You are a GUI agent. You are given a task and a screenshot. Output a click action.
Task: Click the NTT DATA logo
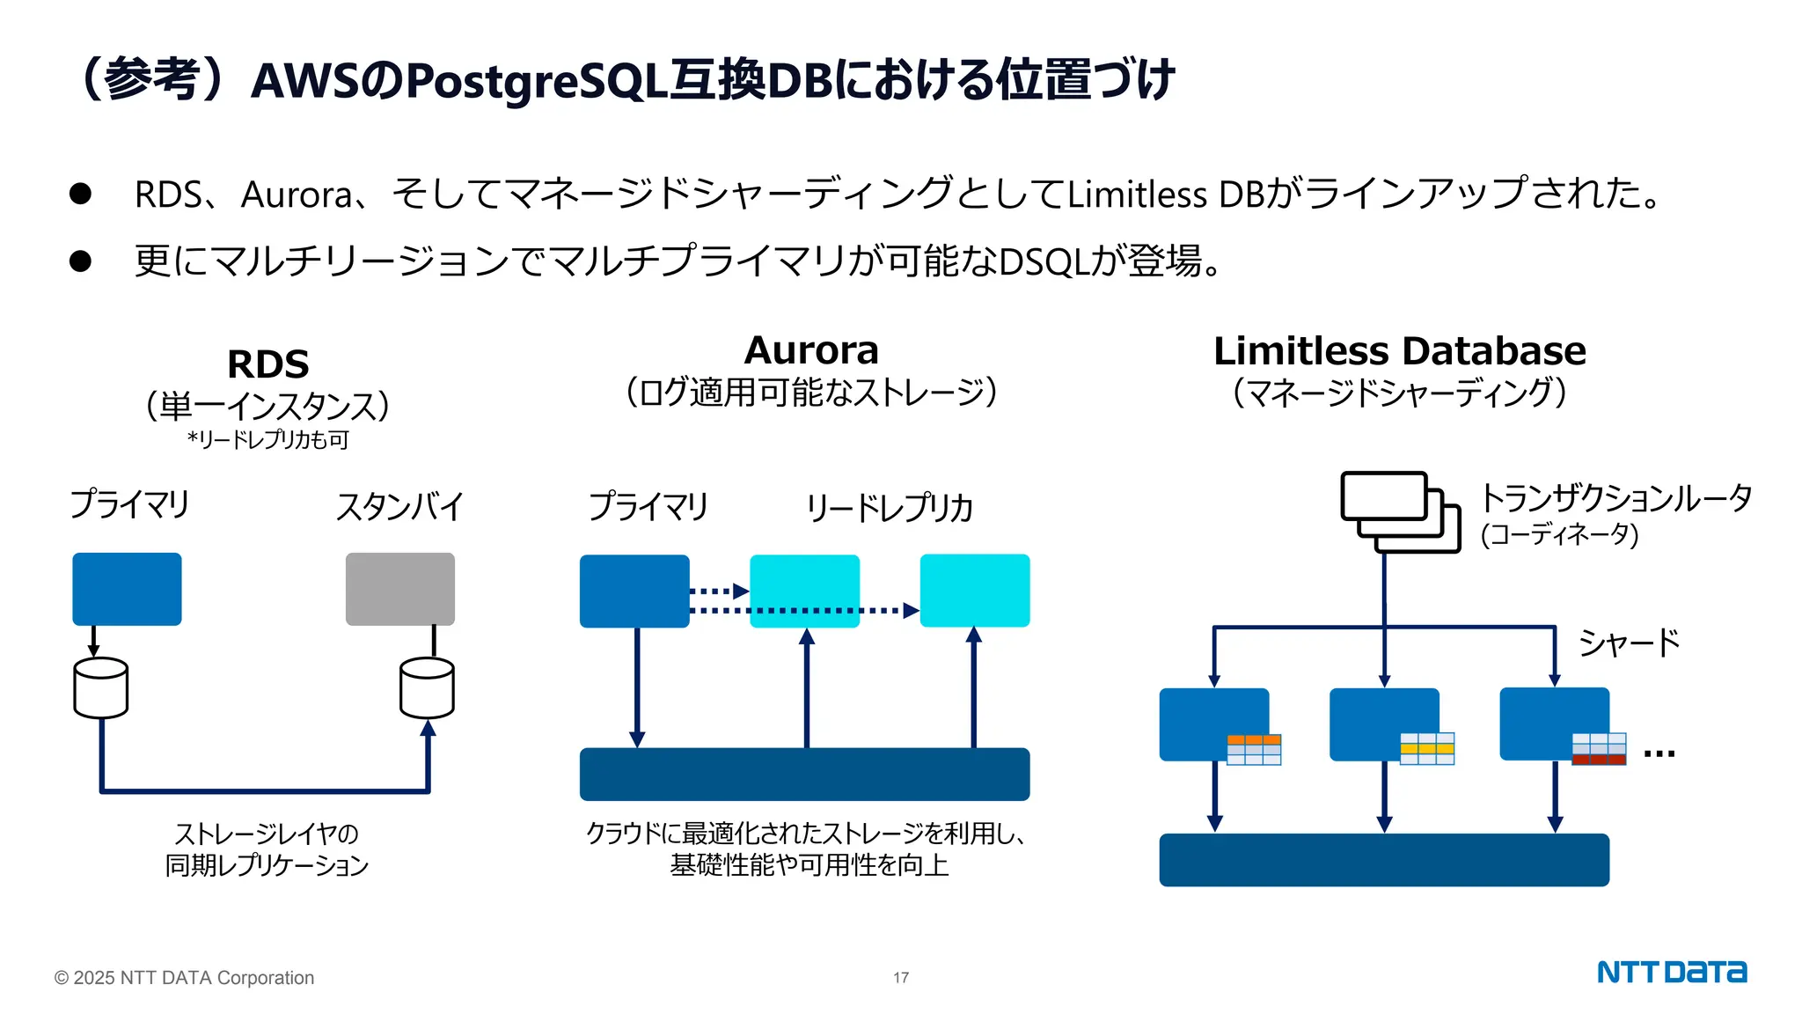(1671, 972)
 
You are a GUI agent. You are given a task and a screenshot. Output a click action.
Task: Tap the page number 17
(901, 978)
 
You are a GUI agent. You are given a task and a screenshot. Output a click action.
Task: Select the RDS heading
(267, 364)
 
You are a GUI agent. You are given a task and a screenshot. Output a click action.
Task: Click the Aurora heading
(811, 350)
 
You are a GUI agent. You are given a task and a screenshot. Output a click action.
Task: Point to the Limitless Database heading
(1399, 351)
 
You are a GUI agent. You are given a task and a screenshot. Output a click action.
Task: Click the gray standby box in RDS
(400, 589)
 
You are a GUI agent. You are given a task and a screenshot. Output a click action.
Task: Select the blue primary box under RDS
(127, 589)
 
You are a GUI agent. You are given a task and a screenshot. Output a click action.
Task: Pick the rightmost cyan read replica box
(974, 590)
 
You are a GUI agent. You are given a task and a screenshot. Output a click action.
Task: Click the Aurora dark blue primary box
(634, 591)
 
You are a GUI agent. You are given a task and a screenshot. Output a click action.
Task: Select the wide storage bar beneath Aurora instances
(804, 774)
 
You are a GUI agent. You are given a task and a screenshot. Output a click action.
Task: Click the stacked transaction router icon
(1399, 511)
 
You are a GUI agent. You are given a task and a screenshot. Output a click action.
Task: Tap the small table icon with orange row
(1254, 749)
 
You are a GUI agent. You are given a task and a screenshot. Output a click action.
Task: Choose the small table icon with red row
(1599, 748)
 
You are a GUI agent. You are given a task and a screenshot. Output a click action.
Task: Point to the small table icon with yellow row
(1426, 748)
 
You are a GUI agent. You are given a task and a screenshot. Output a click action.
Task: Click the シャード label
(1629, 643)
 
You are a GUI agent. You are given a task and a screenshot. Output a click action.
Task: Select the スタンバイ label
(399, 507)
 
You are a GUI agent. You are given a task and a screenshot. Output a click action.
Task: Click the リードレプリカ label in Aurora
(889, 508)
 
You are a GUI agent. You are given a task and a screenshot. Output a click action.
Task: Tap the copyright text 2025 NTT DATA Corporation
(184, 978)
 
